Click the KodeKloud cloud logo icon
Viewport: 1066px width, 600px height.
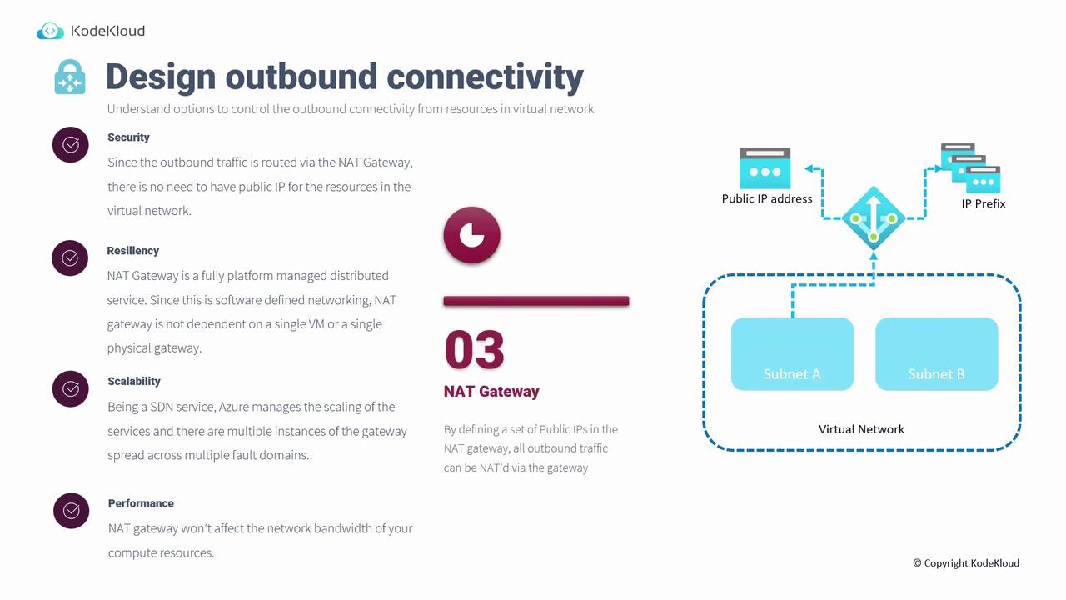pos(50,31)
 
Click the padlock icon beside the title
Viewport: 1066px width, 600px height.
pos(70,77)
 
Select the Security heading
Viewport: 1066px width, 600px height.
pos(128,137)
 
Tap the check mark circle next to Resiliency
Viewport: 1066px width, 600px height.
pos(70,258)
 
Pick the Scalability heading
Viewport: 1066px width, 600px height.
pos(134,381)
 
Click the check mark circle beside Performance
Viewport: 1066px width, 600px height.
pos(72,511)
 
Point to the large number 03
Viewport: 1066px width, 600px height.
pos(475,350)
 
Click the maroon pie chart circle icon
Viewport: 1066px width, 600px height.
pos(471,235)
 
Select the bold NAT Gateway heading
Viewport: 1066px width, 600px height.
pos(491,392)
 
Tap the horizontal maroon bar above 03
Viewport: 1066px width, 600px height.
pos(536,301)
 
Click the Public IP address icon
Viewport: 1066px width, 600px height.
pos(765,168)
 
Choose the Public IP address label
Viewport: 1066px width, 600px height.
pos(767,198)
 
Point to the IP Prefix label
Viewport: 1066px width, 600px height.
pos(984,204)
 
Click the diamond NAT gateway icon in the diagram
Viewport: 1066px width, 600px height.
pos(874,218)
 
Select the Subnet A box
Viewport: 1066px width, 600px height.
pos(792,354)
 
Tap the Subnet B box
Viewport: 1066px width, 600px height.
pos(937,354)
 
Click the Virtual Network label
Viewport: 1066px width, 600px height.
pos(861,429)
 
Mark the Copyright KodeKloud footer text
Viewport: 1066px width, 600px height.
pos(966,563)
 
